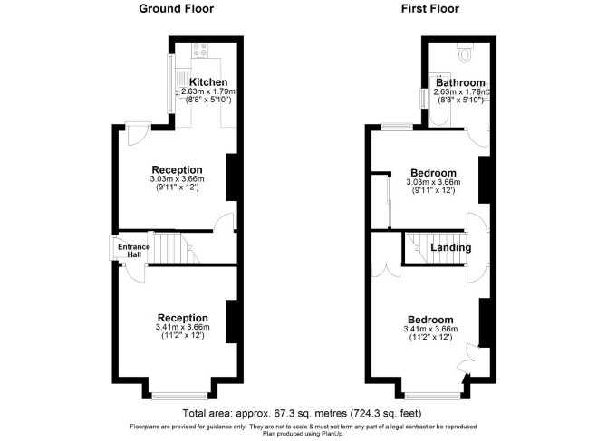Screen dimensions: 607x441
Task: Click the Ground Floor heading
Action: coord(176,8)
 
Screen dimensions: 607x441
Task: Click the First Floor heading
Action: coord(430,8)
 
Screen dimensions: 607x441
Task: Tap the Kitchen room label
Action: coord(208,82)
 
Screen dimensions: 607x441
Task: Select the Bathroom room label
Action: coord(460,82)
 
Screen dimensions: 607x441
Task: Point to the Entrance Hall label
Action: coord(134,251)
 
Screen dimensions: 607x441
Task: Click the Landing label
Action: coord(451,247)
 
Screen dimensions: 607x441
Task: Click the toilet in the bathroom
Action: coord(465,53)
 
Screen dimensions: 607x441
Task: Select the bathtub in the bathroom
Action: coord(440,100)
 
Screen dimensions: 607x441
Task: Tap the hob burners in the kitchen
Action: coord(199,51)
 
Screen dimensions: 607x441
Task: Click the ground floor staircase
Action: coord(173,247)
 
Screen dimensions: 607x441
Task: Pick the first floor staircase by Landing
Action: coord(435,247)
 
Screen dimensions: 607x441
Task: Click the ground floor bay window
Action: coord(179,396)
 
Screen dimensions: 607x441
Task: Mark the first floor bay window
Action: coord(432,396)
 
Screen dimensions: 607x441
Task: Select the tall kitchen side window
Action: coord(170,84)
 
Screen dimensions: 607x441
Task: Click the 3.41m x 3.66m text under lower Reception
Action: coord(183,327)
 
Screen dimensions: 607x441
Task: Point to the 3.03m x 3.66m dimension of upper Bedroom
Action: coord(433,182)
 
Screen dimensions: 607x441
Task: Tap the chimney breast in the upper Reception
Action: coord(232,177)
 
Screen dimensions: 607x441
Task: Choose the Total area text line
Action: coord(302,414)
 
